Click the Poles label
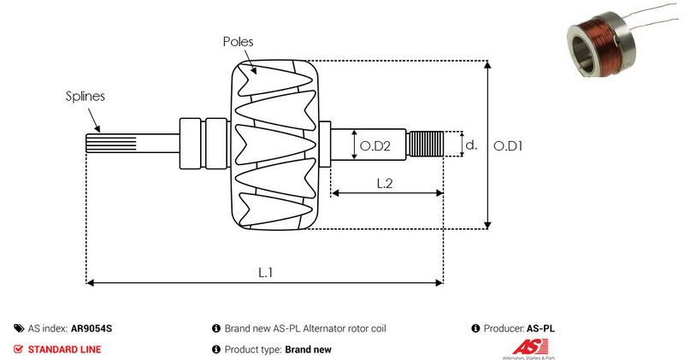pyautogui.click(x=239, y=41)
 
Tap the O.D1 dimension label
pyautogui.click(x=509, y=146)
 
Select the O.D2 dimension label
pyautogui.click(x=375, y=146)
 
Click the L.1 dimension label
pyautogui.click(x=266, y=272)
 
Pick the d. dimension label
pyautogui.click(x=470, y=145)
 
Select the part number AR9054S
pyautogui.click(x=91, y=328)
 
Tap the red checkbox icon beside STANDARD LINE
pyautogui.click(x=19, y=349)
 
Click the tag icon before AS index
pyautogui.click(x=19, y=328)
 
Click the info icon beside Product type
pyautogui.click(x=216, y=349)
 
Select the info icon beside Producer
pyautogui.click(x=475, y=328)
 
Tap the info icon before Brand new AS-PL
pyautogui.click(x=216, y=328)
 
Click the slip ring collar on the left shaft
pyautogui.click(x=192, y=144)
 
